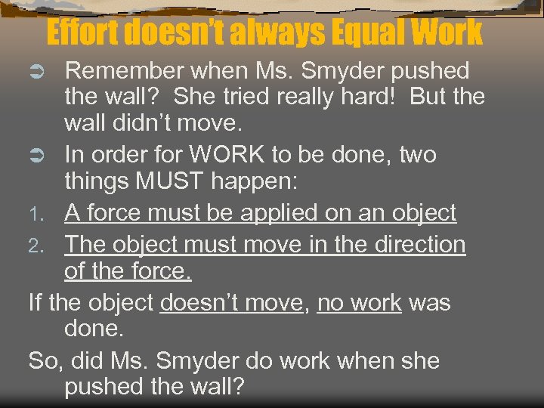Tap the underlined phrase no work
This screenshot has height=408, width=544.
pyautogui.click(x=360, y=303)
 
